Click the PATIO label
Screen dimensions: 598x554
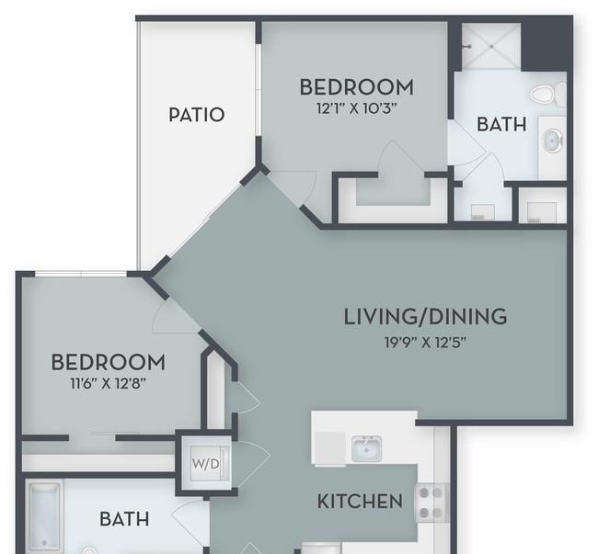click(x=196, y=115)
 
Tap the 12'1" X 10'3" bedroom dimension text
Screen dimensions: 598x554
click(x=357, y=108)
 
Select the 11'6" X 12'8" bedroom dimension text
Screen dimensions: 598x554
click(x=109, y=383)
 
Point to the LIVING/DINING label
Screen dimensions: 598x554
click(x=425, y=317)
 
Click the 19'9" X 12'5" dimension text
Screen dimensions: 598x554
click(x=425, y=343)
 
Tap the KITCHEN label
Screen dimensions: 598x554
click(x=360, y=501)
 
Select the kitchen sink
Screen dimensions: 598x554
click(x=366, y=449)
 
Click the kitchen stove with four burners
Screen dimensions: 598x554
click(x=433, y=503)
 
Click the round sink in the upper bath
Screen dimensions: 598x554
click(x=553, y=141)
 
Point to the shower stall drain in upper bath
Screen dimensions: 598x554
click(x=491, y=47)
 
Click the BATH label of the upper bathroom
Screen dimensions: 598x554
click(x=502, y=125)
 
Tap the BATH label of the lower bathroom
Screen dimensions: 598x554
click(x=124, y=519)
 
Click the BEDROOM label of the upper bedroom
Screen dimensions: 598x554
click(x=357, y=87)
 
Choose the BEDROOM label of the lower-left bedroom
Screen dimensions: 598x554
click(x=109, y=362)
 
